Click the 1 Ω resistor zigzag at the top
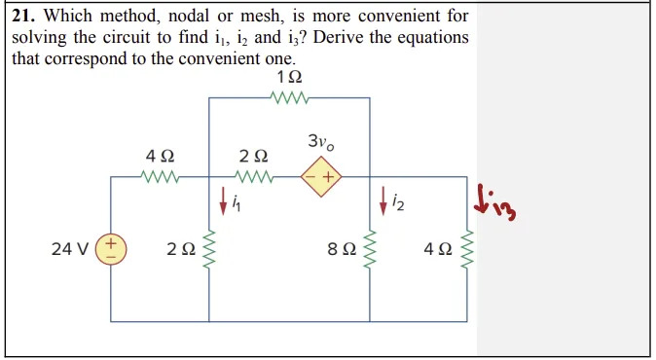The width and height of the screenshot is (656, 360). pos(290,97)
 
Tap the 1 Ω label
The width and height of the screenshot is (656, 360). pos(289,77)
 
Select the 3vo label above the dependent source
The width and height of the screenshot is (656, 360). pos(321,143)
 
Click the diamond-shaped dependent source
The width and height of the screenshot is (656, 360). pos(321,178)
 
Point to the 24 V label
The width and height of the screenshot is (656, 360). pos(68,249)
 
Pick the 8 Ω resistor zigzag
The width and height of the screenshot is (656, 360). pos(370,249)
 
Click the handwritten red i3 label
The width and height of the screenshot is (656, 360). pos(493,200)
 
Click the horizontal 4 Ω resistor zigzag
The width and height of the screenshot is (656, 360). pos(159,178)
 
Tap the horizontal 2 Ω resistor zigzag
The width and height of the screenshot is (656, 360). pos(256,178)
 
